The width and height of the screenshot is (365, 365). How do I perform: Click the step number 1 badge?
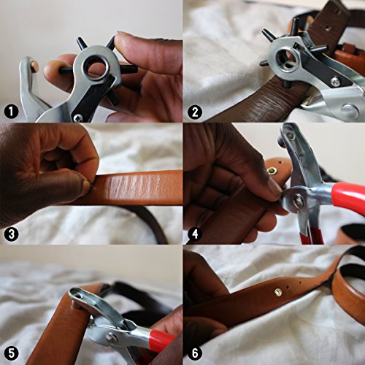pos(9,112)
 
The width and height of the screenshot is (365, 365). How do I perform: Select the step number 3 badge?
pos(9,234)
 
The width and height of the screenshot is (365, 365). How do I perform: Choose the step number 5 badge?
pos(9,356)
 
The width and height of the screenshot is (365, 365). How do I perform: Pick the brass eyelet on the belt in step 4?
pos(272,172)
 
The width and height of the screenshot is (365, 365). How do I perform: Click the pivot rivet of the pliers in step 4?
pos(298,201)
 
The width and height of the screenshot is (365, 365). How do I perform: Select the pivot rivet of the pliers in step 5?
pos(112,337)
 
